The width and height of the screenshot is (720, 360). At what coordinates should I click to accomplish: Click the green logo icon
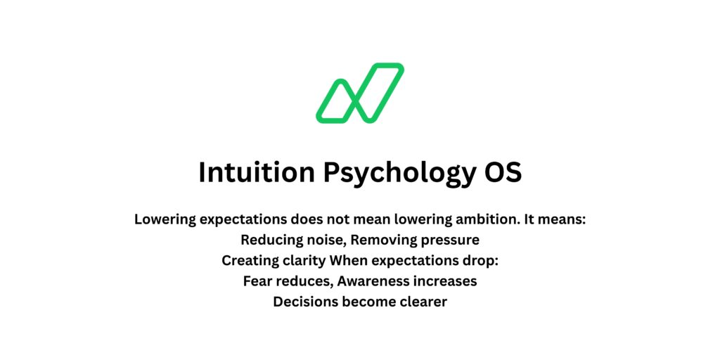359,93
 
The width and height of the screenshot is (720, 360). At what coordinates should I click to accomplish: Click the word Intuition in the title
257,172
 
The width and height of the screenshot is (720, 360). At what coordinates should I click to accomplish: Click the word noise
326,240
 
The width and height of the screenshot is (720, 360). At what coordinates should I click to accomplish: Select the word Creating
250,261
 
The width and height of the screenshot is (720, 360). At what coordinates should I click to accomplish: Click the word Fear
257,281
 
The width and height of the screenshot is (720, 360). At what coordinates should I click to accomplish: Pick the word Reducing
270,240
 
